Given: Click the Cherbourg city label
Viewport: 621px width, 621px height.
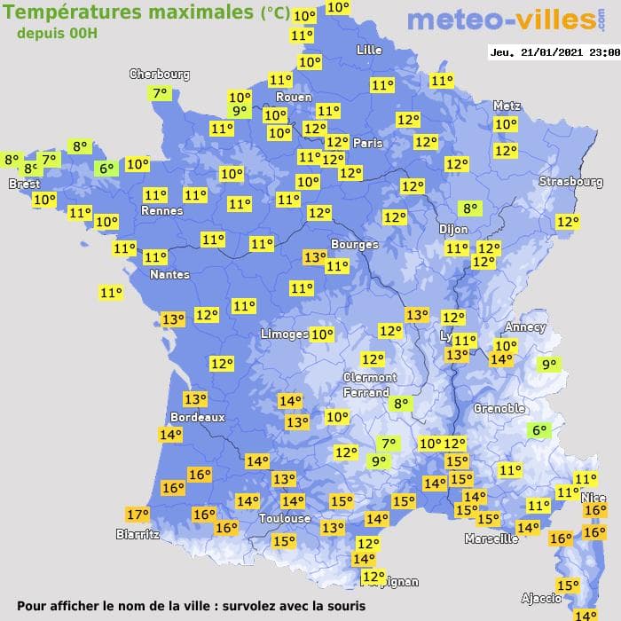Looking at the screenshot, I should (160, 75).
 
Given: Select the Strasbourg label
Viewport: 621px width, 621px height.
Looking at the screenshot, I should (570, 182).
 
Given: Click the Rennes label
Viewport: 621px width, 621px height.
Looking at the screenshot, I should (161, 211).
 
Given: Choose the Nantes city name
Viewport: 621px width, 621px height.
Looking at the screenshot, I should (169, 275).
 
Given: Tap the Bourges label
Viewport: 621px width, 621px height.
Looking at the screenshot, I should (354, 244).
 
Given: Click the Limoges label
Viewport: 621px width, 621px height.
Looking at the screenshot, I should (284, 334).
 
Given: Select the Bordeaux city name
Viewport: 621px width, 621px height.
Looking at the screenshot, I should (197, 417).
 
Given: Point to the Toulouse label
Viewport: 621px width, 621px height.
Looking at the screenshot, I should (285, 519).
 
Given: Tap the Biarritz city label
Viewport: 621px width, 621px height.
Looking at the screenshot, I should (138, 534).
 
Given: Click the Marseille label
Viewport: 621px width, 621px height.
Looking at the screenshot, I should (491, 538).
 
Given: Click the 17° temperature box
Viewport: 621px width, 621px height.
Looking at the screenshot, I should (138, 515).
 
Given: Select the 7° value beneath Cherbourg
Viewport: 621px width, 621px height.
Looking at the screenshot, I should (161, 93).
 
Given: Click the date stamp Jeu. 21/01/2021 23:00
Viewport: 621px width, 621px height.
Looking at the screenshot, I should (554, 52).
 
